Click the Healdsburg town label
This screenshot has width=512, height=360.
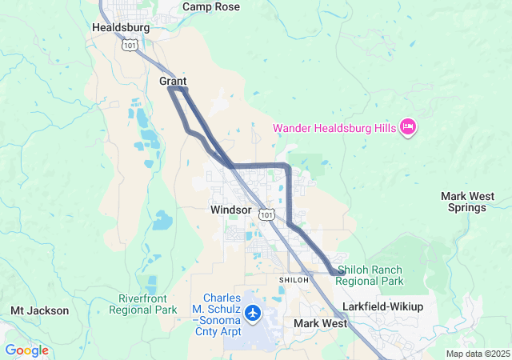[121, 27]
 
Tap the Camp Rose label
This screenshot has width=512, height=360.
[210, 6]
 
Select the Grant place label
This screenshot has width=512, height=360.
[173, 82]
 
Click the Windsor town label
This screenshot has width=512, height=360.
[231, 210]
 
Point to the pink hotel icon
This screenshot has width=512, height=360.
[408, 126]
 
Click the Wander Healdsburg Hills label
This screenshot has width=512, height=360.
[335, 128]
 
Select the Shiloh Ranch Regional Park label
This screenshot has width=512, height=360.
[370, 275]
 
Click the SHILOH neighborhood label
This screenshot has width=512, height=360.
[293, 279]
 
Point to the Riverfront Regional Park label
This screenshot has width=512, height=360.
[142, 303]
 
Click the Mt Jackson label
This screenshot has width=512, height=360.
[39, 310]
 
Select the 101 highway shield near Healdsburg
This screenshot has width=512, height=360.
[129, 46]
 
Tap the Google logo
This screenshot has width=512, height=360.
[26, 350]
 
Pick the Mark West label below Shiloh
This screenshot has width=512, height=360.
[320, 323]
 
